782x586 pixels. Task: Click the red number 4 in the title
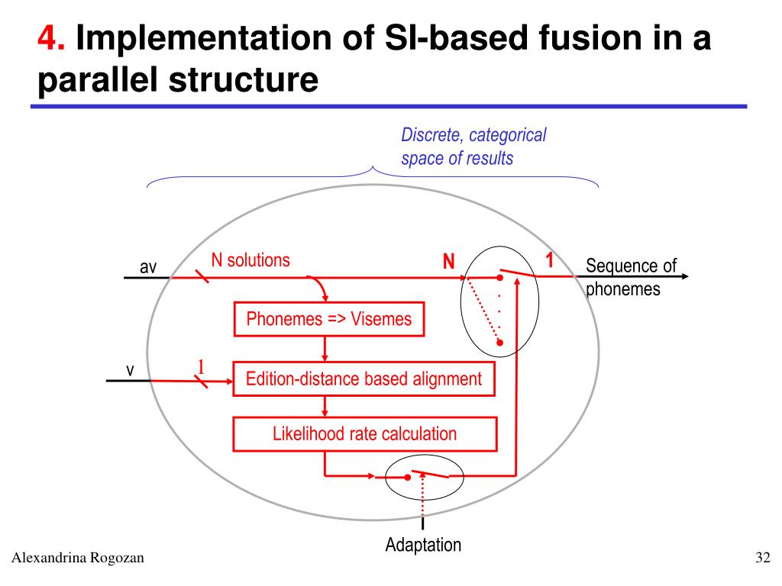51,37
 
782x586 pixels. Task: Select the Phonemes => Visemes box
329,319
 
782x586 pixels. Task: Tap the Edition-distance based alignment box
364,379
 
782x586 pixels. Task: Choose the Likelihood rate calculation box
365,434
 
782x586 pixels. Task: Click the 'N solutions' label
250,260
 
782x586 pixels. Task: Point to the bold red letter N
449,261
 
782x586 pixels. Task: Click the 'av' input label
148,268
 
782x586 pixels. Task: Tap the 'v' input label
130,370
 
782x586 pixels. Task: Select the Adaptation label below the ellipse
423,545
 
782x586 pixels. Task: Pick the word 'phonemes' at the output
623,289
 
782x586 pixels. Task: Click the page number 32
763,557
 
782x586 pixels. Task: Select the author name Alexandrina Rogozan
78,558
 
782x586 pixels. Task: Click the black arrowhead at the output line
685,276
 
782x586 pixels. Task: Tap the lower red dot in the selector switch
499,343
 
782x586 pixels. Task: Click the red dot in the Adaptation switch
408,478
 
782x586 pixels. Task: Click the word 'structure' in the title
244,79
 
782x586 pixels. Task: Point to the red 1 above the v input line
201,367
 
